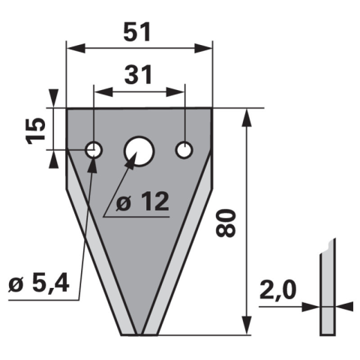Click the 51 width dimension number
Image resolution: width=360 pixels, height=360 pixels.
pyautogui.click(x=137, y=32)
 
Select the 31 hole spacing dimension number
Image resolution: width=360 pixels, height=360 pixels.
pyautogui.click(x=138, y=74)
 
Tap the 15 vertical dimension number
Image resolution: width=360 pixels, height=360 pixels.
pyautogui.click(x=36, y=130)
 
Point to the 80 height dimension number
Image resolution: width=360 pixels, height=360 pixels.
pyautogui.click(x=226, y=223)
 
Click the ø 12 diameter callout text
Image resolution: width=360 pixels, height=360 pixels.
pyautogui.click(x=142, y=202)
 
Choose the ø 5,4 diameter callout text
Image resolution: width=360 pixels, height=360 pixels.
pyautogui.click(x=39, y=283)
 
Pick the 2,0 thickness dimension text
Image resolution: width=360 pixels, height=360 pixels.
pyautogui.click(x=277, y=290)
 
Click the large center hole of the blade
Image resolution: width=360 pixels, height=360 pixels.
pyautogui.click(x=139, y=151)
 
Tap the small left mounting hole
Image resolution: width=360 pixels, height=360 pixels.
pyautogui.click(x=94, y=150)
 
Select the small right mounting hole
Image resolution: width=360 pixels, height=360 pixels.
pyautogui.click(x=184, y=150)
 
